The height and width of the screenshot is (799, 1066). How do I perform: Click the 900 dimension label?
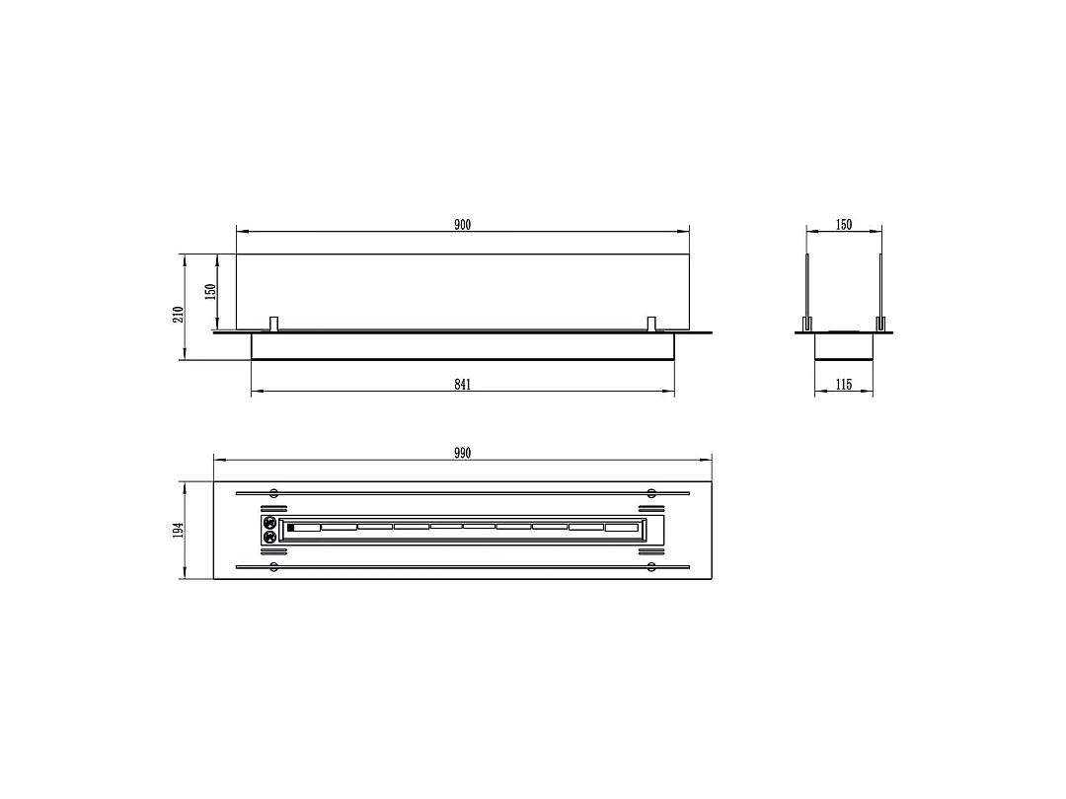[462, 225]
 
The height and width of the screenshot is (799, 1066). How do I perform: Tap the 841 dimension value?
[462, 385]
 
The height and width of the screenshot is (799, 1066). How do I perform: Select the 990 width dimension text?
[462, 453]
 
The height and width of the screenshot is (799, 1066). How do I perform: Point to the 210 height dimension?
[178, 315]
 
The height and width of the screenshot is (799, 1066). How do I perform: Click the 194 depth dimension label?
[178, 530]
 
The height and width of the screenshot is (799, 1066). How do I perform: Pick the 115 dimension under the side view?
[844, 385]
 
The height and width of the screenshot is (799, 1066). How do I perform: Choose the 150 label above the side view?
[844, 225]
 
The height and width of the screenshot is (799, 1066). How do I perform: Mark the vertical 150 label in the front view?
[211, 291]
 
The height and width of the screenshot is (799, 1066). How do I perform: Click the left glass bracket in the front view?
[274, 325]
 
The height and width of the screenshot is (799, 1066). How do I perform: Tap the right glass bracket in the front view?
[651, 325]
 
